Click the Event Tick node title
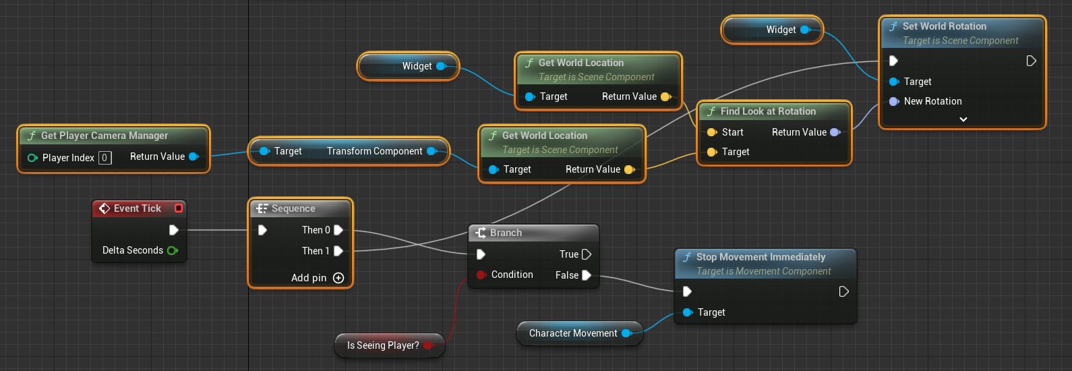click(137, 208)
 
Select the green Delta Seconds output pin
click(172, 250)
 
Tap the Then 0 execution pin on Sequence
click(338, 230)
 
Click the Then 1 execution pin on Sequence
click(338, 251)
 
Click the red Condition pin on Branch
click(481, 275)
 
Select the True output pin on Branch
click(587, 254)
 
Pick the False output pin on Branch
click(587, 275)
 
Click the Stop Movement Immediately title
click(761, 257)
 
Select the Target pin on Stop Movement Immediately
click(688, 312)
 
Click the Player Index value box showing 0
click(105, 158)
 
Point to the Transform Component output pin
click(431, 151)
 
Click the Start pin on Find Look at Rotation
click(712, 132)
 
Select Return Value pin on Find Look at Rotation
click(835, 132)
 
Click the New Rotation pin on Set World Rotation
click(894, 101)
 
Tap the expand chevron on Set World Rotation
click(963, 119)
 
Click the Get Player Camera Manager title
click(105, 136)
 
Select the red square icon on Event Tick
click(179, 208)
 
